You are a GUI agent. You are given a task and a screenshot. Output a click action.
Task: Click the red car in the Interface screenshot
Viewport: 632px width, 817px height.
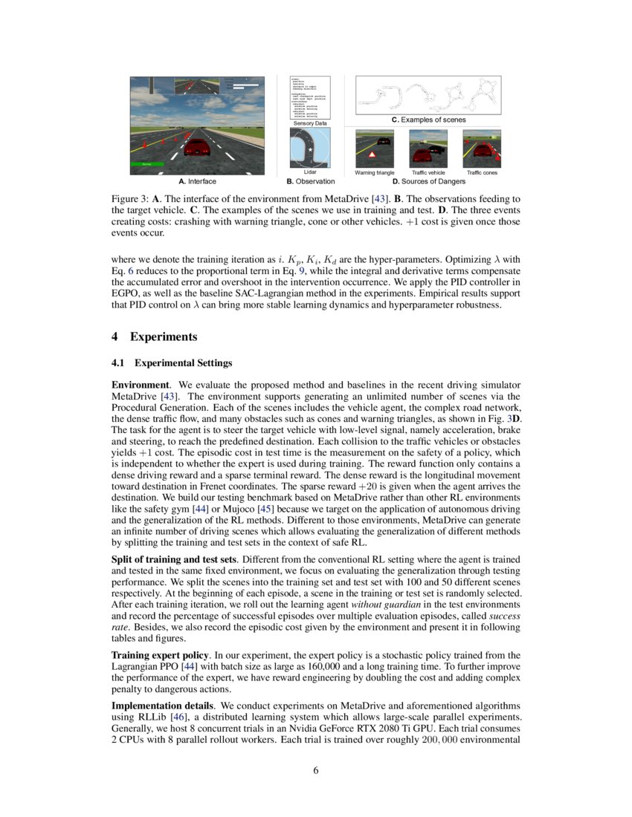point(196,147)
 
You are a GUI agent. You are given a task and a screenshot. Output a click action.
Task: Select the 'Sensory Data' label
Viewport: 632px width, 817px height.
point(310,123)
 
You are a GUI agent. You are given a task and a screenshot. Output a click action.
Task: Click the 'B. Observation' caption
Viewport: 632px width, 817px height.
point(310,181)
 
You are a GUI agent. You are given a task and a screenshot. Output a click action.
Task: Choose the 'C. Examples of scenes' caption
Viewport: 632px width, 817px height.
point(428,120)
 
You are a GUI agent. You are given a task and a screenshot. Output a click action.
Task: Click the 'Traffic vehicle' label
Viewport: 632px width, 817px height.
point(428,172)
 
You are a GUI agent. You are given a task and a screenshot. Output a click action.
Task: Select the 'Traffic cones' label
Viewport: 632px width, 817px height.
point(482,172)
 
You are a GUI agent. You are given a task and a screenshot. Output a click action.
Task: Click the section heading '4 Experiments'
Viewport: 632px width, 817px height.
point(154,336)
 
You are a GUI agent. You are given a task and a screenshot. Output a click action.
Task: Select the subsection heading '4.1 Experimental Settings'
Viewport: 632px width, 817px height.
point(172,363)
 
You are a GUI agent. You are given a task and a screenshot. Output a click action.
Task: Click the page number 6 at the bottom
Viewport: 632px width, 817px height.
point(316,770)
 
